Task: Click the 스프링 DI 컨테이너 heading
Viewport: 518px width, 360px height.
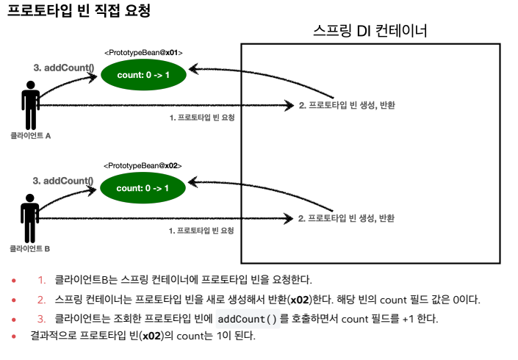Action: (370, 32)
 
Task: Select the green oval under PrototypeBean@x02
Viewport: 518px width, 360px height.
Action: (143, 188)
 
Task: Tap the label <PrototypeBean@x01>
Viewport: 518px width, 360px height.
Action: (143, 53)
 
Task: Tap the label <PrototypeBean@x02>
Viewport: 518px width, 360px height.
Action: (143, 166)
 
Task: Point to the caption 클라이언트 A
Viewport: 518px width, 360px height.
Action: (30, 136)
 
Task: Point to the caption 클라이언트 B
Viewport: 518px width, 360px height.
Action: (30, 249)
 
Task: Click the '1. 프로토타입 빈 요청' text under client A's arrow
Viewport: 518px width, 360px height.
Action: (201, 118)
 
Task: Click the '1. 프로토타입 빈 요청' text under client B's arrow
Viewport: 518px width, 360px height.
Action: (201, 231)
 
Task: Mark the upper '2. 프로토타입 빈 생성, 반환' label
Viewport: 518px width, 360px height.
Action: (347, 106)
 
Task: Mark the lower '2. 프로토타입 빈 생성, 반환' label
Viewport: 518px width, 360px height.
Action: (347, 218)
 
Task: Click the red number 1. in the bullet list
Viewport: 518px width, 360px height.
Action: (42, 280)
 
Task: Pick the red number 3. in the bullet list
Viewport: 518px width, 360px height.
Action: (42, 319)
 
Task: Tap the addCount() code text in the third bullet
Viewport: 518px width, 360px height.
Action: (248, 319)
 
